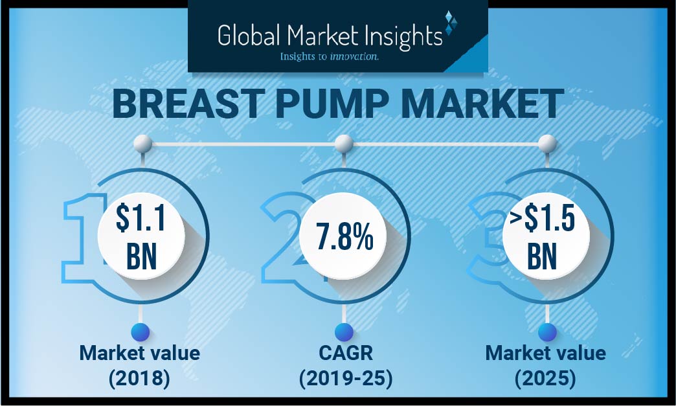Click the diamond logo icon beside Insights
click(x=451, y=23)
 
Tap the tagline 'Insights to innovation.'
click(x=329, y=57)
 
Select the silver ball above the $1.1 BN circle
click(x=142, y=143)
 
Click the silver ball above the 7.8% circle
click(x=344, y=143)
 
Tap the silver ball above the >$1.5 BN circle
click(x=547, y=143)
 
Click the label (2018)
click(x=140, y=378)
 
